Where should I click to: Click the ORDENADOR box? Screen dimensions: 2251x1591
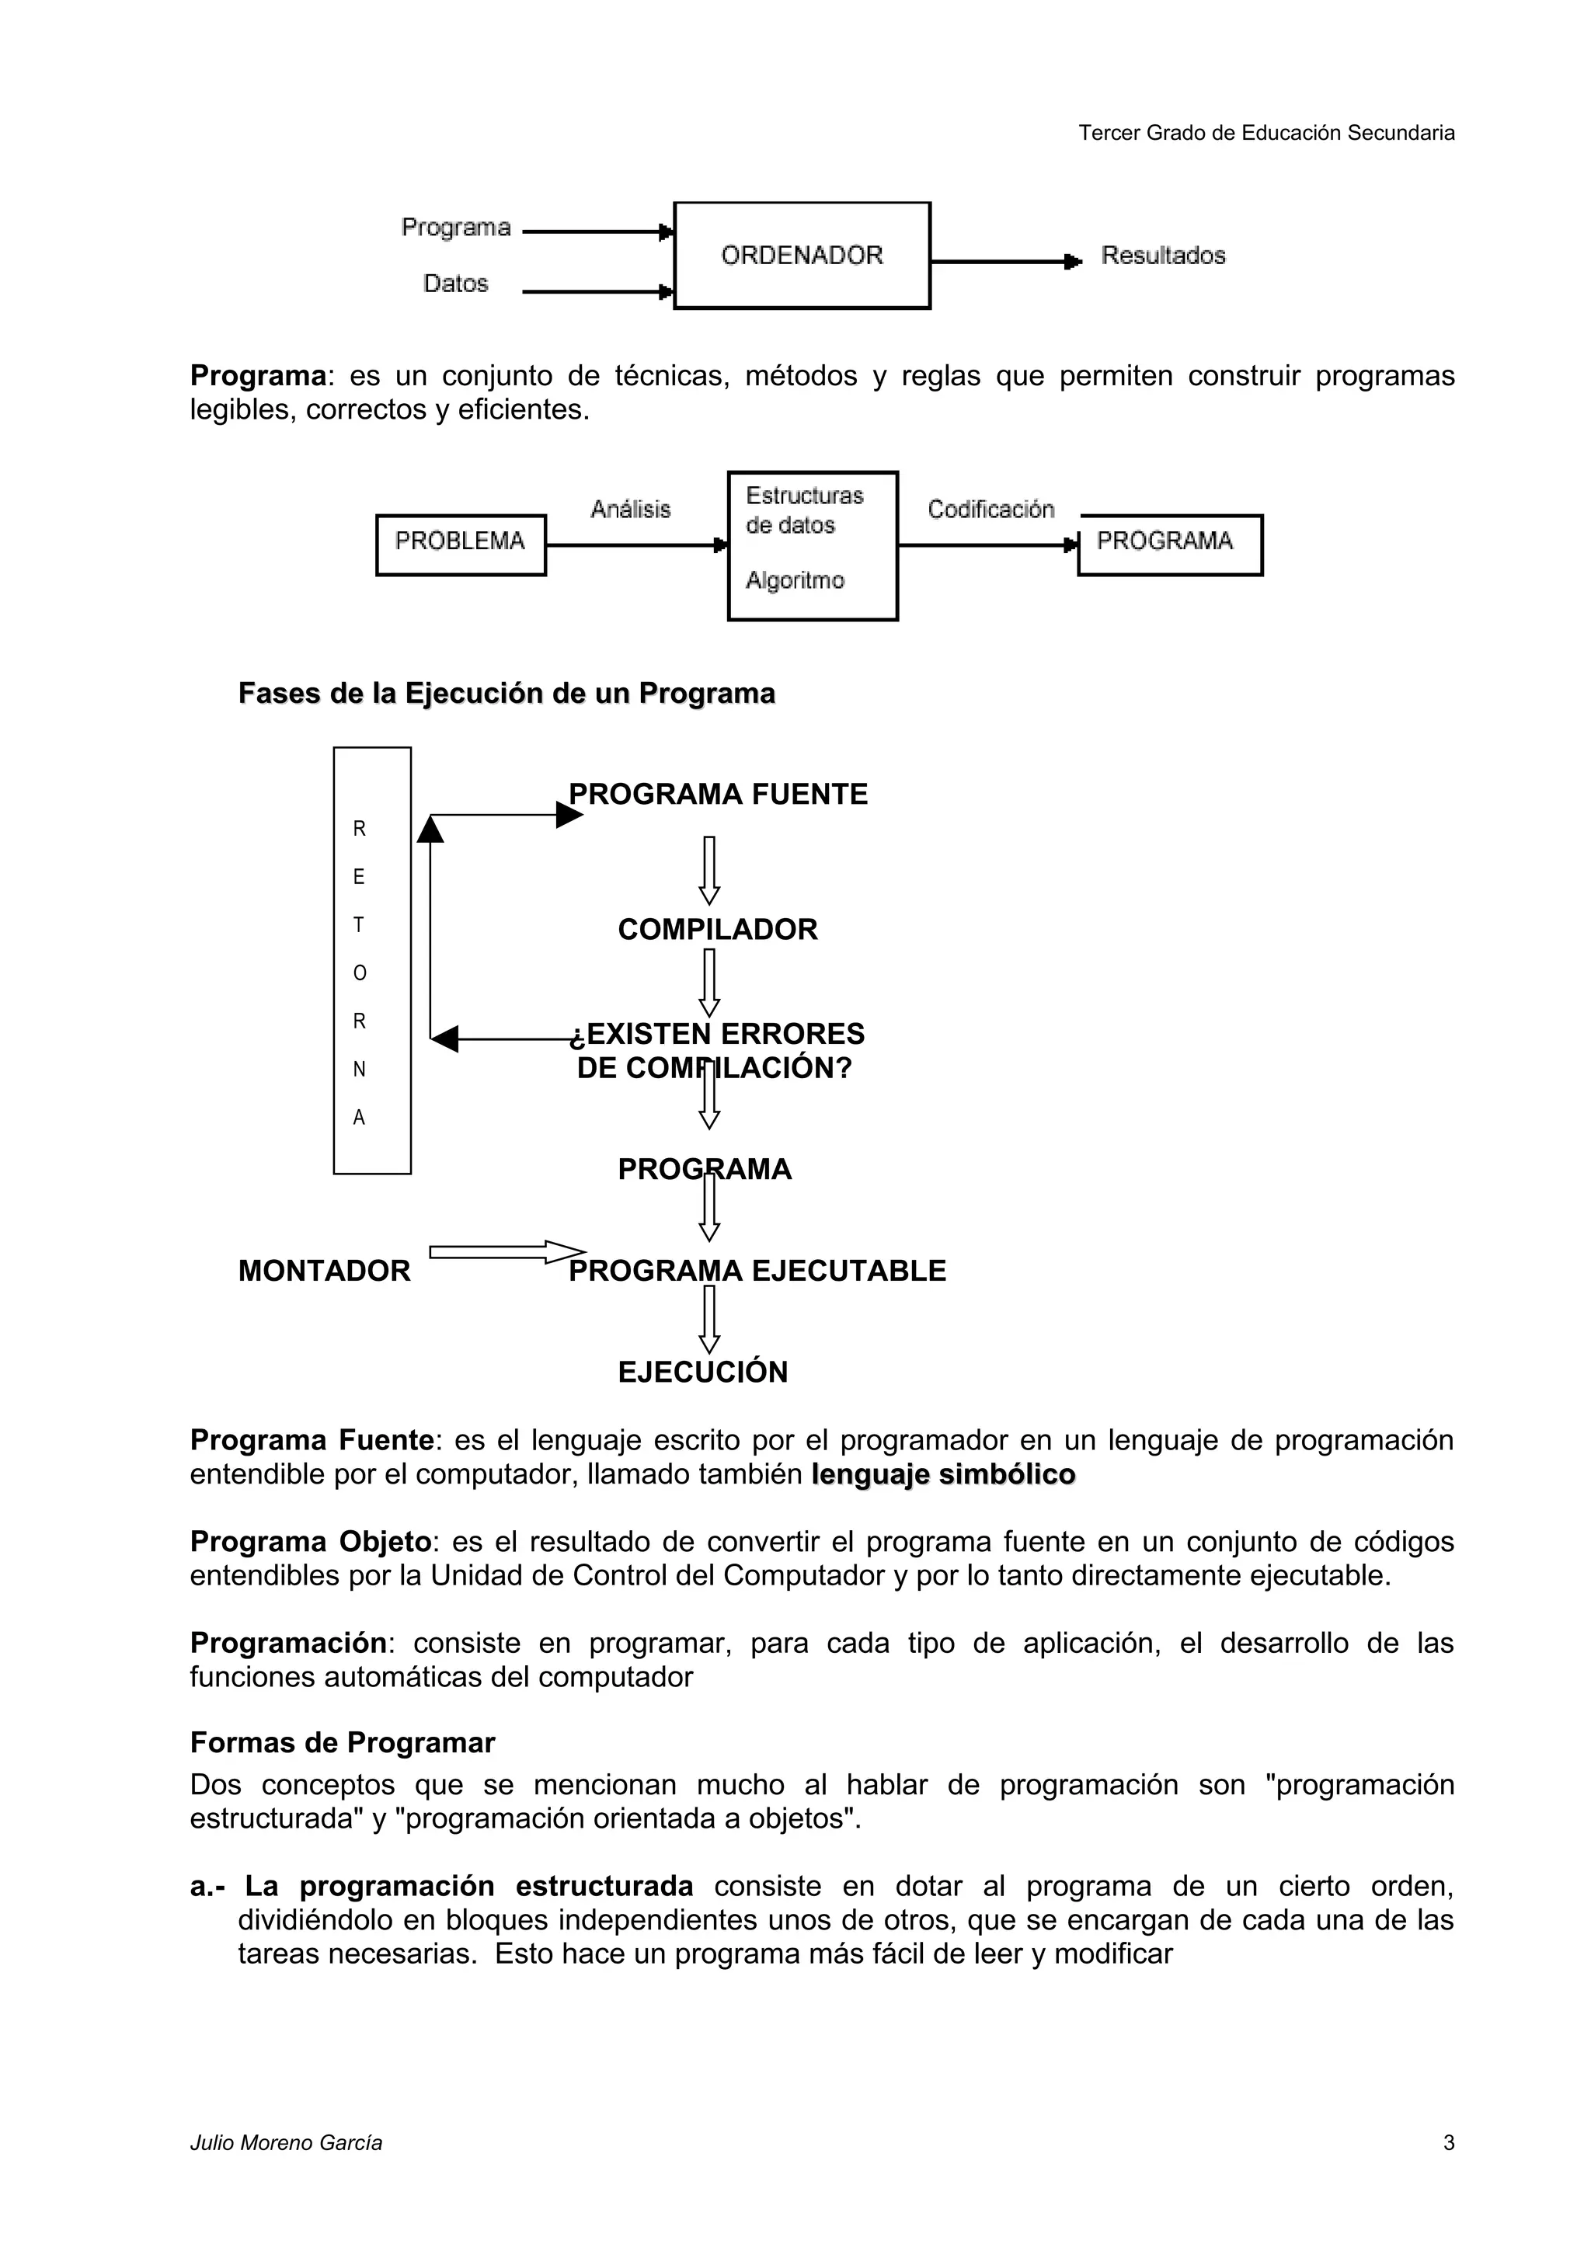coord(802,256)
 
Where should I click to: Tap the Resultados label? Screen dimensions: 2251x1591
coord(1163,256)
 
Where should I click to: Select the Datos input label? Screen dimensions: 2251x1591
coord(456,284)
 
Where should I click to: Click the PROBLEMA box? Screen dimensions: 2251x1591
coord(461,544)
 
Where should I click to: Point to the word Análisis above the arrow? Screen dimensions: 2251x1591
coord(630,509)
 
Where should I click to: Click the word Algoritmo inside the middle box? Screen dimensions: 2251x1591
coord(794,580)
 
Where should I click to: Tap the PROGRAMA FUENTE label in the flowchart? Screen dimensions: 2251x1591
coord(719,794)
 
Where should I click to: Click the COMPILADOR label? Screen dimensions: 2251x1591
coord(718,930)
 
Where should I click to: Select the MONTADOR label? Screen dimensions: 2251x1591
coord(325,1271)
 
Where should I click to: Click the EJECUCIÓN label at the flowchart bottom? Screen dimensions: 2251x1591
coord(703,1372)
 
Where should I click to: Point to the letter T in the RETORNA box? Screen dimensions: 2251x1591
coord(359,924)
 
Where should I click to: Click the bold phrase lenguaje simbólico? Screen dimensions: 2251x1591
coord(943,1474)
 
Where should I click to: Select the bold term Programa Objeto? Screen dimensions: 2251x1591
coord(311,1542)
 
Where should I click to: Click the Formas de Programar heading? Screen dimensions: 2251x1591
coord(342,1742)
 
